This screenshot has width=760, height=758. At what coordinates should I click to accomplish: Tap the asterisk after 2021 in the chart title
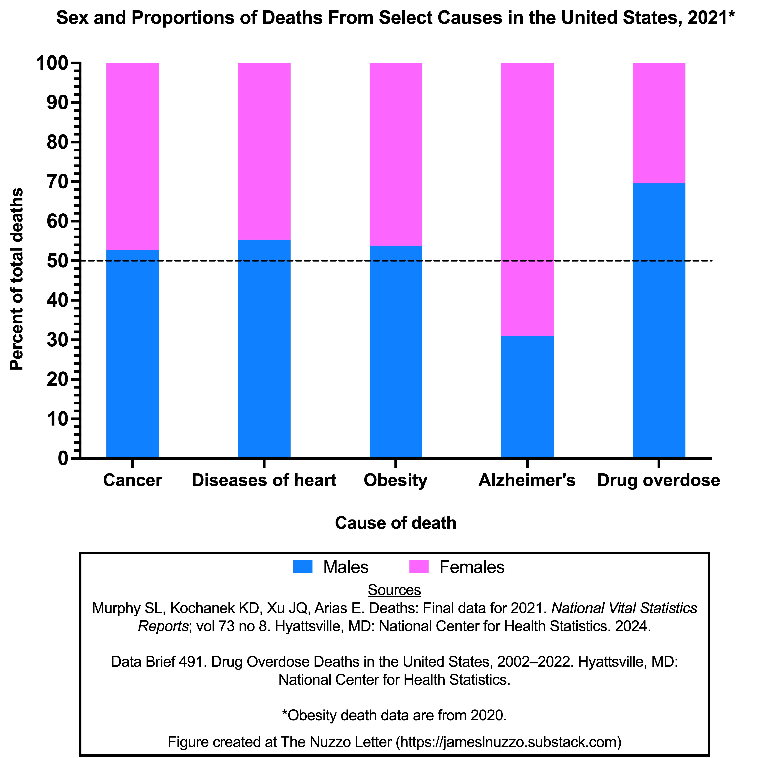pos(731,16)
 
